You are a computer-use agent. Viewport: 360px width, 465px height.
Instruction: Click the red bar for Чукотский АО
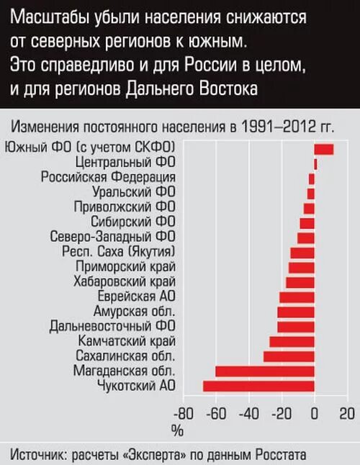[258, 386]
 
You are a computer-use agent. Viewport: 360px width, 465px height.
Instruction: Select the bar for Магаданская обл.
[265, 371]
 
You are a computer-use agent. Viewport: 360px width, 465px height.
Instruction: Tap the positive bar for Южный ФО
[324, 148]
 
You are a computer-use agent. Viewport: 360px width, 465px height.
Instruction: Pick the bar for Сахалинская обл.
[289, 356]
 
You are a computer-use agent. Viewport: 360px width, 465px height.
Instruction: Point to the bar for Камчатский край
[292, 341]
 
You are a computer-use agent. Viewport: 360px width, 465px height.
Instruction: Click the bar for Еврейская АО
[297, 297]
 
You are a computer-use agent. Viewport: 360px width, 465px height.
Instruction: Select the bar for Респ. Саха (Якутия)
[302, 252]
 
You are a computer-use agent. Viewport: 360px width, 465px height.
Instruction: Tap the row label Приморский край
[125, 267]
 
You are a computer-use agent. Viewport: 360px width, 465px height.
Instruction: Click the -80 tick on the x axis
[184, 414]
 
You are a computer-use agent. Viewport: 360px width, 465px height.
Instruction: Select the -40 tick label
[250, 414]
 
